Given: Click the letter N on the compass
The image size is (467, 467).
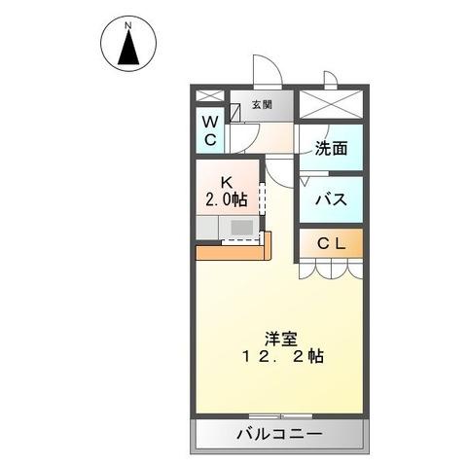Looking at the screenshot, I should (127, 20).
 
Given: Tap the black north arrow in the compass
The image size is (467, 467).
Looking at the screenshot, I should (127, 49).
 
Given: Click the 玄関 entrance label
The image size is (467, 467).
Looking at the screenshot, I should (262, 105).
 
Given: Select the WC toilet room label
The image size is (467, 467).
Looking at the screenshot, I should (210, 130).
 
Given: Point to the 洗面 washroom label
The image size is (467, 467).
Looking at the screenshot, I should (331, 149).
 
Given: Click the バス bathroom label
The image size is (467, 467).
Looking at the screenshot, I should (331, 200).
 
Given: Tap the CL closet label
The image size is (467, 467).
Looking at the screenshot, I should (331, 244).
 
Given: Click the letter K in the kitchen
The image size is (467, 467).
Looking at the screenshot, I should (226, 181).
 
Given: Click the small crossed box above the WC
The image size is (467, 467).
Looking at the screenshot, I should (210, 97).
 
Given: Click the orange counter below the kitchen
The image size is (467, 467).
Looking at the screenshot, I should (233, 251).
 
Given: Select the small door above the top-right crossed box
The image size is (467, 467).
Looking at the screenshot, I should (331, 80).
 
